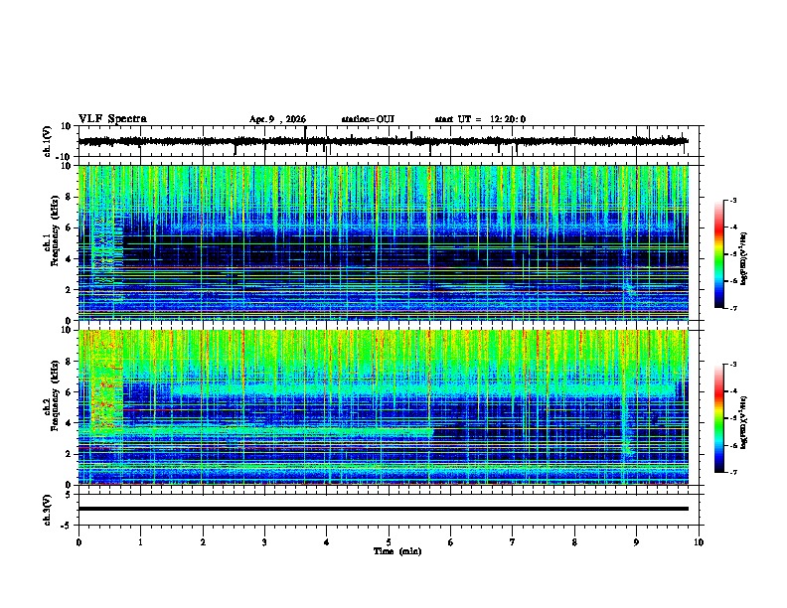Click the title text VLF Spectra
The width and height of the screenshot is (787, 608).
click(112, 119)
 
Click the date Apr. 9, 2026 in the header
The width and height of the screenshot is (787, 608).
click(277, 119)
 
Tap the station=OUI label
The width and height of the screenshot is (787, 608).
click(368, 119)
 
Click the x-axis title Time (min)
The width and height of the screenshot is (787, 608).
click(395, 550)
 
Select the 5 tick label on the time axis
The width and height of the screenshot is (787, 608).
click(389, 541)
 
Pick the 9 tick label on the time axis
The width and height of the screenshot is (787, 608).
click(637, 541)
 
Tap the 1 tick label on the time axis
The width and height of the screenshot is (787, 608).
click(140, 541)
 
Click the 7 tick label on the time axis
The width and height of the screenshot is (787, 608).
click(513, 541)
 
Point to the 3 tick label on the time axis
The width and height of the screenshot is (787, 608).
click(264, 541)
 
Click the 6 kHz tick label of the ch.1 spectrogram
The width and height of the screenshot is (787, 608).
click(68, 228)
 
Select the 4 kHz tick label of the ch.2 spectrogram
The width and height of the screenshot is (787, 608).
click(68, 423)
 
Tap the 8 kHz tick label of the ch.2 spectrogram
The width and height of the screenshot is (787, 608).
click(68, 362)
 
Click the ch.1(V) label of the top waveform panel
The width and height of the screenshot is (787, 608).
click(48, 141)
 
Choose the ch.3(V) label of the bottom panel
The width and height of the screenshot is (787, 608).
click(48, 508)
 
